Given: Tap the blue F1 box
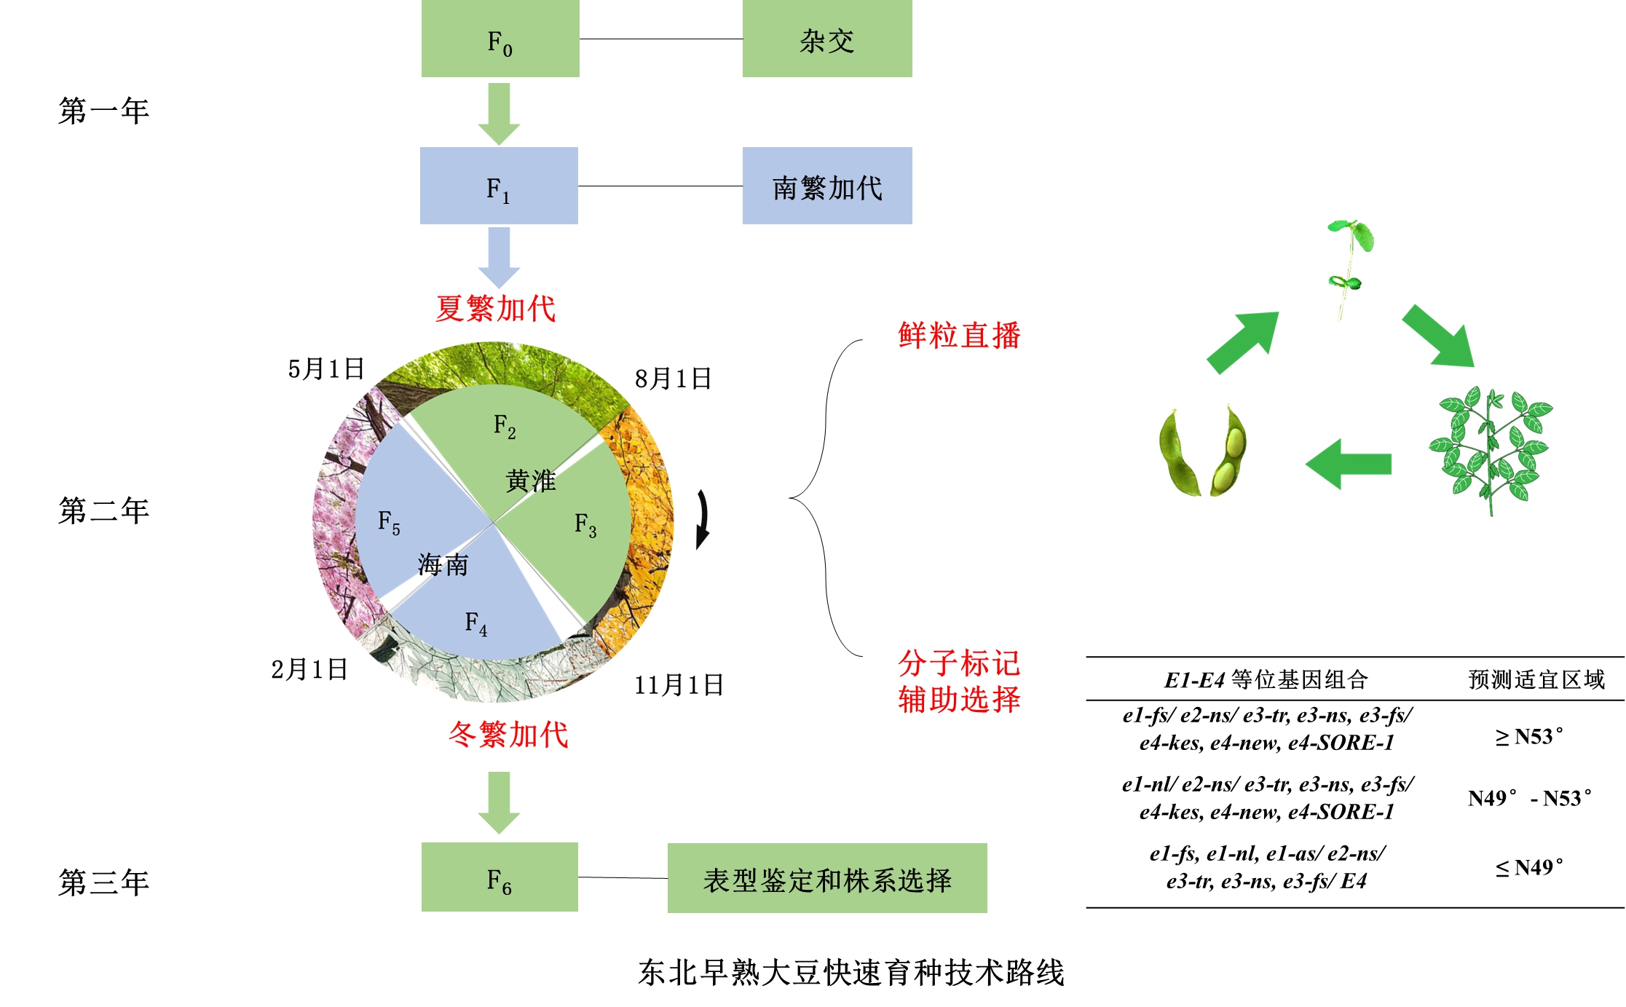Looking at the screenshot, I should coord(499,186).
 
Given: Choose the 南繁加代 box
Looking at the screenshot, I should coord(826,186).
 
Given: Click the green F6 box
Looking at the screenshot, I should coord(500,878).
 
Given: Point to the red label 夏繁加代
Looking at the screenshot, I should coord(496,309).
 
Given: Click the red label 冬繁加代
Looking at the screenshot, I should coord(508,734).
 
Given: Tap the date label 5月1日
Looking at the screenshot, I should coord(325,368).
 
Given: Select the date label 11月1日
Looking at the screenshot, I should coord(679,685).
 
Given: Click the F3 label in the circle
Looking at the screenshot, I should coord(585,524).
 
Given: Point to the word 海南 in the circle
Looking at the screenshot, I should coord(443,564).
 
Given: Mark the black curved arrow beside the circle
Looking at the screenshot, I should coord(702,519).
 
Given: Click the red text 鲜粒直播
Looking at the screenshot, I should coord(959,336).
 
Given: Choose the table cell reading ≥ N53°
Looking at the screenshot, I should coord(1528,737).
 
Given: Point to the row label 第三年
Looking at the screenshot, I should coord(103,882).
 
